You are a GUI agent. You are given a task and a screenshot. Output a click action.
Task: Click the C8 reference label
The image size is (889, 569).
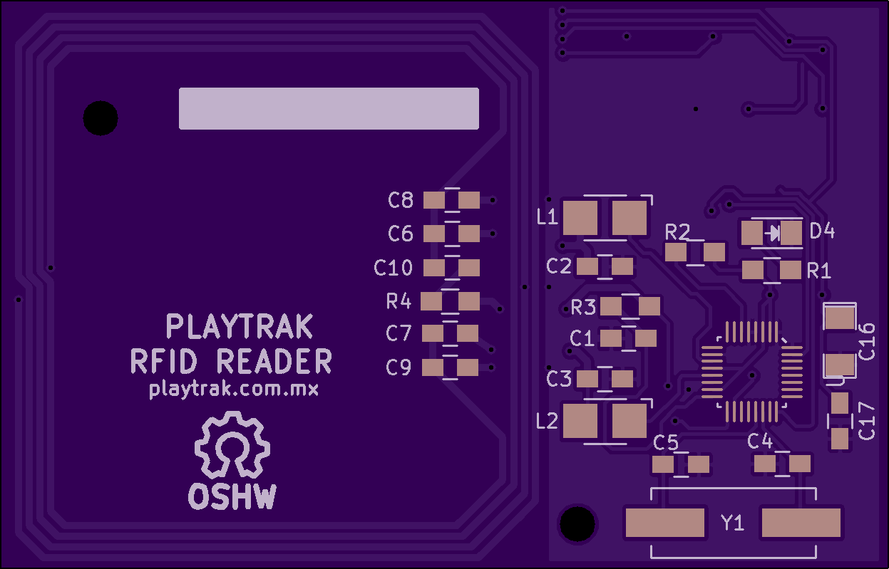[401, 200]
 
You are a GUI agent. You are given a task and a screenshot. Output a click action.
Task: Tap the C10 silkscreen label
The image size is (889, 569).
[393, 268]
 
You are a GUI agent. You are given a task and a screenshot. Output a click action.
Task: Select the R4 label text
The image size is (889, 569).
[399, 302]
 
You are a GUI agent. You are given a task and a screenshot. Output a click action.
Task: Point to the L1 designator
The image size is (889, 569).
[547, 217]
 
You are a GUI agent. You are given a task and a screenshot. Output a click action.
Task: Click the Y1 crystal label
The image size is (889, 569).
[732, 523]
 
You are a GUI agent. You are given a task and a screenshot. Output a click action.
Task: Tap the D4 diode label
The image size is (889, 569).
[822, 231]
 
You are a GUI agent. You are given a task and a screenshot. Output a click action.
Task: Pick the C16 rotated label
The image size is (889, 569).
[867, 340]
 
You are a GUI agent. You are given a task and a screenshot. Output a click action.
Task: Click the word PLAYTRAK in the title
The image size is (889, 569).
[240, 327]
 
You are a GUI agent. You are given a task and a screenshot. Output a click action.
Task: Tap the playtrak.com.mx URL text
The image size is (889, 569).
[234, 390]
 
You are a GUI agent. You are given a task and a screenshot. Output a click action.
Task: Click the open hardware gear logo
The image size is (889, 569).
[232, 446]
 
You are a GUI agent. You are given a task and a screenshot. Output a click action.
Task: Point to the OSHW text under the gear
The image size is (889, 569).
[232, 497]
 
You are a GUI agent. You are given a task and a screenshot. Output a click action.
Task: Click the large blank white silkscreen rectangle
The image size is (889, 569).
[329, 108]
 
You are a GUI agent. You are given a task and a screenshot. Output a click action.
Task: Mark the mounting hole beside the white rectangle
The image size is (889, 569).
[101, 118]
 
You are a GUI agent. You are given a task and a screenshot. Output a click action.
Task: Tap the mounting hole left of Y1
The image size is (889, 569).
[577, 524]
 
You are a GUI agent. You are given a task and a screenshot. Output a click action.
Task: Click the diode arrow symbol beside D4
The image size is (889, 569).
[772, 232]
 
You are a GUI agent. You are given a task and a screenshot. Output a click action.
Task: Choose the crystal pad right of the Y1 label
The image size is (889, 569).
[801, 523]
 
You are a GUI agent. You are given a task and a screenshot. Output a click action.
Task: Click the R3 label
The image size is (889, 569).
[583, 308]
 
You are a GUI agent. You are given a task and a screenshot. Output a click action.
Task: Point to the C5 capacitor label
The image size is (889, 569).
[666, 442]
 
